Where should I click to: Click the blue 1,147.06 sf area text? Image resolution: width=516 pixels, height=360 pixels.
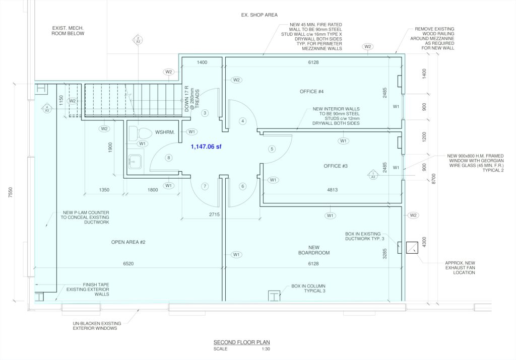(x=206, y=147)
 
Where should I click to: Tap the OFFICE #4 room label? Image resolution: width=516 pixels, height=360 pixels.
(x=311, y=92)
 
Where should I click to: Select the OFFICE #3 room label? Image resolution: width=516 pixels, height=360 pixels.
(x=335, y=166)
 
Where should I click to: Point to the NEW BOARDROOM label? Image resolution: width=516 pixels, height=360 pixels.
(x=314, y=250)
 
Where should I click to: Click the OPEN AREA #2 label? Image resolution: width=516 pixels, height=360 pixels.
(x=128, y=242)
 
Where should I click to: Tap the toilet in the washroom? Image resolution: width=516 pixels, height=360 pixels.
(x=140, y=133)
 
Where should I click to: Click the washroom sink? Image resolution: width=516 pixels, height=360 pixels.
(x=135, y=162)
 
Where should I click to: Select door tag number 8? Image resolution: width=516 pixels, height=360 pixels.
(x=168, y=158)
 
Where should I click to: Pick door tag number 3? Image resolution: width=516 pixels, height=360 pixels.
(x=205, y=113)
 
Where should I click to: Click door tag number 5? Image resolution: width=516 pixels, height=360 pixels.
(x=272, y=149)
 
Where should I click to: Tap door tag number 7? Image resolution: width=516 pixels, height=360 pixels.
(x=205, y=186)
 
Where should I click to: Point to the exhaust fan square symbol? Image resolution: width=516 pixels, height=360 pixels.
(x=412, y=248)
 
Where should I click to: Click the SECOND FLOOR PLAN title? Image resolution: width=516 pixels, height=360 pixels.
(x=241, y=342)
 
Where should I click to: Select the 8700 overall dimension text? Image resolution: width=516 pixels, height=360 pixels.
(x=433, y=179)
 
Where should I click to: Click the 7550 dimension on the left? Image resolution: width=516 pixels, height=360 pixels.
(x=11, y=192)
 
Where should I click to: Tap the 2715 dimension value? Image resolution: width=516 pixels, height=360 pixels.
(x=214, y=214)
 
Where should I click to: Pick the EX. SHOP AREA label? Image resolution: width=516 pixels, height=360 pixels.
(x=260, y=15)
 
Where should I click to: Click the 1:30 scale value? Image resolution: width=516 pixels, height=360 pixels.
(x=266, y=349)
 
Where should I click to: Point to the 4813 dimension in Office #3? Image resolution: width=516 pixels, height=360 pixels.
(x=333, y=190)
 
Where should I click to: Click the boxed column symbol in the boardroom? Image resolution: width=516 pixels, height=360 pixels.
(x=274, y=296)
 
